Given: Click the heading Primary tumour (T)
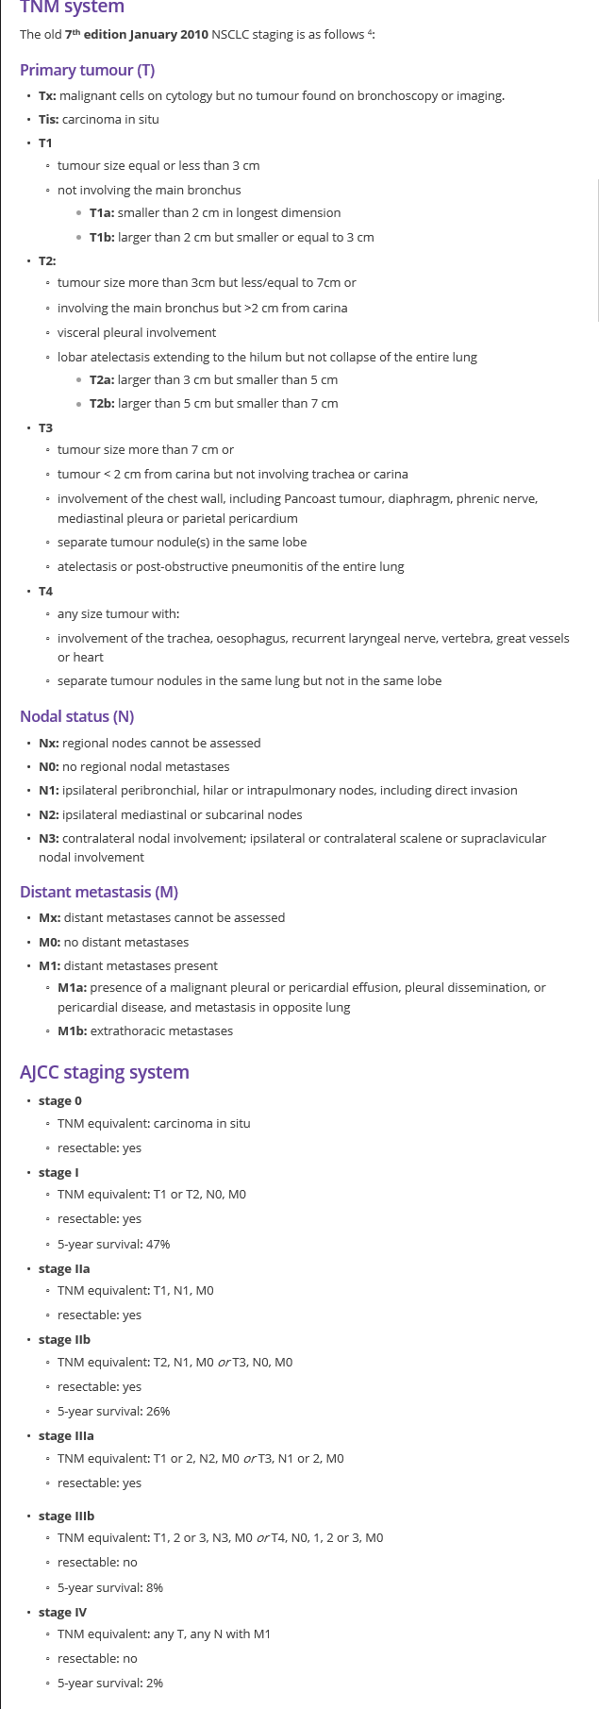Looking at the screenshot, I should click(x=87, y=70).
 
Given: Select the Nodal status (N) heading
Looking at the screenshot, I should click(x=76, y=716).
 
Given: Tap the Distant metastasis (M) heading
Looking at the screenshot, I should click(x=99, y=892).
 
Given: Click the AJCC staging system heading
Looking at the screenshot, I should click(x=105, y=1072).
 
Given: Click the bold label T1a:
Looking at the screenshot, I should click(x=102, y=212).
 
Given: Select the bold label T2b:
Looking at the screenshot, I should click(x=102, y=403).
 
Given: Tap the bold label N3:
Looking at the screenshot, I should click(x=49, y=838).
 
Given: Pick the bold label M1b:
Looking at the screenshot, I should click(x=72, y=1030).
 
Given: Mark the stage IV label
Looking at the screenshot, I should click(x=62, y=1612).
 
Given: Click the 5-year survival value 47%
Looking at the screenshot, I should click(x=158, y=1244).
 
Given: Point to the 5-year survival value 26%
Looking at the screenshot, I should click(x=158, y=1411).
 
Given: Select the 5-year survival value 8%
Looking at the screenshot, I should click(x=155, y=1587).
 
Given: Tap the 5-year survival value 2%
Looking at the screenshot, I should click(x=155, y=1683).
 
